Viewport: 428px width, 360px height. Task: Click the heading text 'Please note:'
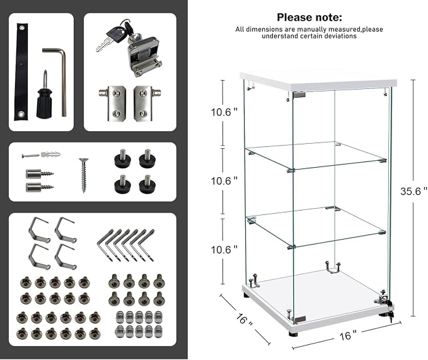tap(309, 18)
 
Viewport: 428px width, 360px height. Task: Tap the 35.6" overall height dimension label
tap(414, 191)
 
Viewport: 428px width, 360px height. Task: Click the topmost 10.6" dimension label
tap(224, 112)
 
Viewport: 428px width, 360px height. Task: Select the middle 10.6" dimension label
tap(224, 181)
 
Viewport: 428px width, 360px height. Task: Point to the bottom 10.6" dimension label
tap(224, 250)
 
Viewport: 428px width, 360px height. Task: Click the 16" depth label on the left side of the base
tap(245, 319)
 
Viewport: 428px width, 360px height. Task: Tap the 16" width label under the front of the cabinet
tap(348, 335)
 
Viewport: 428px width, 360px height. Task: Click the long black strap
tap(21, 72)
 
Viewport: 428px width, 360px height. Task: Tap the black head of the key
tap(114, 32)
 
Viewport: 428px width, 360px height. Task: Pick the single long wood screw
tap(83, 175)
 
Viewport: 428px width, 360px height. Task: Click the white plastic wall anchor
tap(51, 154)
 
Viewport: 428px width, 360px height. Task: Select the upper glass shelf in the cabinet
tap(316, 155)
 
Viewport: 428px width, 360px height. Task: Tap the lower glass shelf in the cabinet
tap(316, 228)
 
